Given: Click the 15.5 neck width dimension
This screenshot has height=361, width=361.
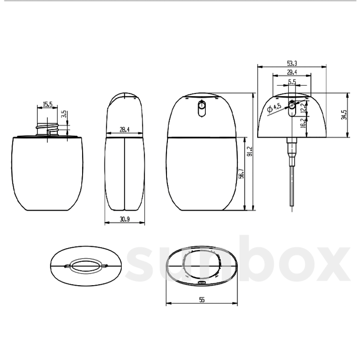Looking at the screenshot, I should pos(48,104).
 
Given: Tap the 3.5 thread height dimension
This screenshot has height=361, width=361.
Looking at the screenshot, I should pos(63,115).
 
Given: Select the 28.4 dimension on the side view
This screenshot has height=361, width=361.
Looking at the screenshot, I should pos(124,130).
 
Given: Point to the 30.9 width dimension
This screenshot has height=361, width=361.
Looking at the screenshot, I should pos(124,219).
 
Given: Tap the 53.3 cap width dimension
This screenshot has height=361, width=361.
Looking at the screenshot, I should pos(292,63).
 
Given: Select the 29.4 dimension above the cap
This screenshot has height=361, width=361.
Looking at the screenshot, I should pos(292,72).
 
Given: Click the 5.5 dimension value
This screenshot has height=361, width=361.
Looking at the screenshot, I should pos(292,82).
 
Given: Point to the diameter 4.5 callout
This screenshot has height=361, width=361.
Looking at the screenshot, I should pos(274,108).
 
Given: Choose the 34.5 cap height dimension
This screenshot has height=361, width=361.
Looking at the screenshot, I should pos(344,115).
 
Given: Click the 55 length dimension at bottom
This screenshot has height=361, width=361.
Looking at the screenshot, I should pos(202,300).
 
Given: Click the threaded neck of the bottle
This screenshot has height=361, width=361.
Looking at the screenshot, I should pos(47,129).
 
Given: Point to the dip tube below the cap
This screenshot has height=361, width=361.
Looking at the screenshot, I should pos(292,187).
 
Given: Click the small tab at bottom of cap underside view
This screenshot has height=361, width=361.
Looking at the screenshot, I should pos(202,282).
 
